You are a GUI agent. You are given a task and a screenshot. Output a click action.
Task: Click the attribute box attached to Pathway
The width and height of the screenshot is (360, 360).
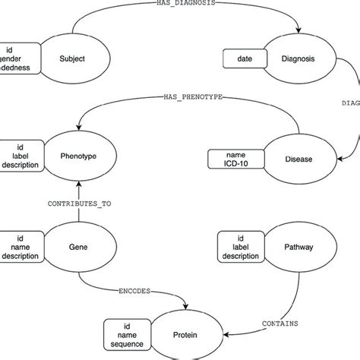click(x=242, y=246)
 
